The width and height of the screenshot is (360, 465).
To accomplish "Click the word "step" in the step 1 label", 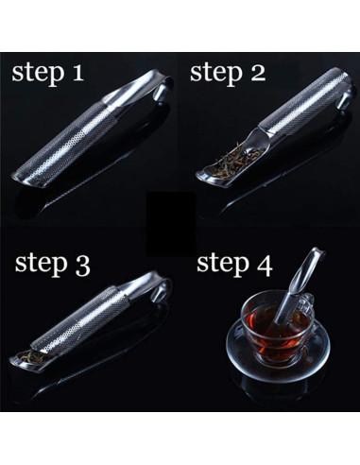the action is pyautogui.click(x=37, y=74).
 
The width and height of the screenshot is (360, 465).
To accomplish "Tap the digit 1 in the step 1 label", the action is pyautogui.click(x=77, y=72).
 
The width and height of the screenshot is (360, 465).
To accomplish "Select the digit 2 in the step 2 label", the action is pyautogui.click(x=256, y=73).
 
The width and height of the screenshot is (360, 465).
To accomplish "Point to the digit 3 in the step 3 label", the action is pyautogui.click(x=82, y=267).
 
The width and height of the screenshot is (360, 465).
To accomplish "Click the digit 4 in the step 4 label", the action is pyautogui.click(x=264, y=267).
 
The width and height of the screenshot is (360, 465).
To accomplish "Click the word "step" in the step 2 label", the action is pyautogui.click(x=215, y=74).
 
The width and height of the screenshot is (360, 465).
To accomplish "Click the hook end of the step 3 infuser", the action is pyautogui.click(x=162, y=290).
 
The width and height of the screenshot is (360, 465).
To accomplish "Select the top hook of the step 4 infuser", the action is pyautogui.click(x=318, y=252).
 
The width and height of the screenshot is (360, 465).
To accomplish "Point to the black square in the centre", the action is pyautogui.click(x=172, y=223).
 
